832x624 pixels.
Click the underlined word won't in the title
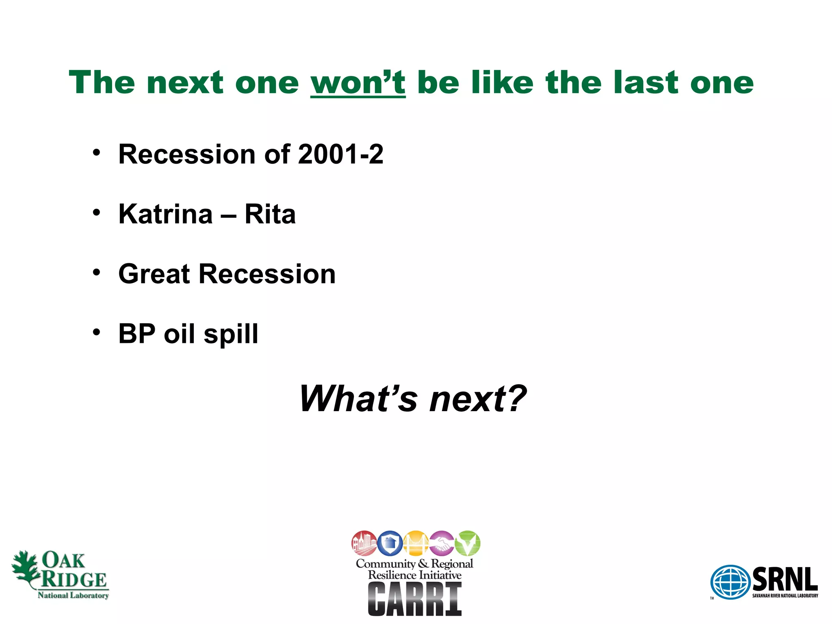358,83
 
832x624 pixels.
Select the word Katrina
165,214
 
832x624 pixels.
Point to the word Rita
270,214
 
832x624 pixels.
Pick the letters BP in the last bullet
137,334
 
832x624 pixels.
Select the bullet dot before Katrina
96,212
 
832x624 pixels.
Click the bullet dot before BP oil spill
96,332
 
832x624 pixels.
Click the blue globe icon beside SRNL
730,582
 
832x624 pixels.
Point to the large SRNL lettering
785,579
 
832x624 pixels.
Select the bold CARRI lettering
415,599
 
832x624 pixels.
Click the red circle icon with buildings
364,543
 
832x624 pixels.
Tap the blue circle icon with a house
390,543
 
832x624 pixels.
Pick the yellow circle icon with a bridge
416,543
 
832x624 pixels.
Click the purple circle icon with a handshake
442,543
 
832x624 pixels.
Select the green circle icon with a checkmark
467,543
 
